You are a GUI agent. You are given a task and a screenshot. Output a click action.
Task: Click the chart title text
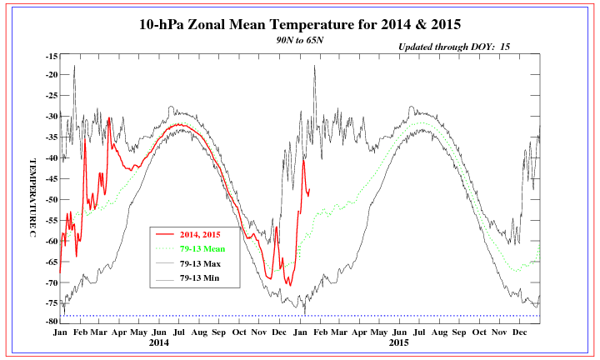point(300,23)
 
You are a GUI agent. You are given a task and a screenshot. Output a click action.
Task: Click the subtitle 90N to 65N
point(300,39)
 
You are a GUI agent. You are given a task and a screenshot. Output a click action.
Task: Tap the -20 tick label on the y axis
point(51,74)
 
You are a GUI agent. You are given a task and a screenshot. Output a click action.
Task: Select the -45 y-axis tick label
point(51,178)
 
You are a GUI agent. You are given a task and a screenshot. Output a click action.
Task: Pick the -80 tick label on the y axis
point(51,321)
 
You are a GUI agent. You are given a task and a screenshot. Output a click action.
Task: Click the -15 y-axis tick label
point(51,56)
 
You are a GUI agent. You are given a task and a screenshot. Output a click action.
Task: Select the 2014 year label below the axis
point(160,342)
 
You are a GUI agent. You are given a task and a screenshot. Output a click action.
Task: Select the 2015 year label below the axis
point(398,342)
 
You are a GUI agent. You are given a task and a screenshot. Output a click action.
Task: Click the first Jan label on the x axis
point(60,332)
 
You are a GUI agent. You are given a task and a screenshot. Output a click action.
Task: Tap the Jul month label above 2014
point(180,332)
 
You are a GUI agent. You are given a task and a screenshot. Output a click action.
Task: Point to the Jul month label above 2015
point(418,332)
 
